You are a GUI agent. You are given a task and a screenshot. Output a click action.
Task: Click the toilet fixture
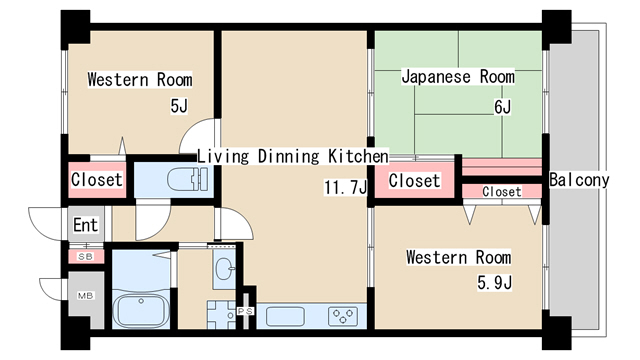pos(187,180)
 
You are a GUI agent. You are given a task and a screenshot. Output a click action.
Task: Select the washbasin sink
pos(223,268)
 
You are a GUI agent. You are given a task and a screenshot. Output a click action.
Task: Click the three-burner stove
pos(342,316)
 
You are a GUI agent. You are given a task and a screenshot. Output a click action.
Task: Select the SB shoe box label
pos(85,257)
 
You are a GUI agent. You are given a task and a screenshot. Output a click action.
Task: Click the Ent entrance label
pos(85,224)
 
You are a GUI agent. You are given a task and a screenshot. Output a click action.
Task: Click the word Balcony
pos(579,181)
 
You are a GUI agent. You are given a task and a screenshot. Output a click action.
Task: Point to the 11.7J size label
pos(345,187)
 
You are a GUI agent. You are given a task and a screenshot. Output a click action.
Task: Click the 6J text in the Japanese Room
pos(501,107)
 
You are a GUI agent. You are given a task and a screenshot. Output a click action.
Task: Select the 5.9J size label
pos(494,283)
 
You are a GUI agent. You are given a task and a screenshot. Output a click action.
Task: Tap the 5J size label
pos(179,106)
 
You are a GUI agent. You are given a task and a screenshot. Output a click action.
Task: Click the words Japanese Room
pos(458,77)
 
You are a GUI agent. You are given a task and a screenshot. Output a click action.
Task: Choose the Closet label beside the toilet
pos(97,181)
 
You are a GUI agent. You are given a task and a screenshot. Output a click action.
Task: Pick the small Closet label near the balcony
pos(501,191)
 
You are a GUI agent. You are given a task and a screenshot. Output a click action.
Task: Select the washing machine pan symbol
pos(223,313)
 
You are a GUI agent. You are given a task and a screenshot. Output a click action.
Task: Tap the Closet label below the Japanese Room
pos(414,181)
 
